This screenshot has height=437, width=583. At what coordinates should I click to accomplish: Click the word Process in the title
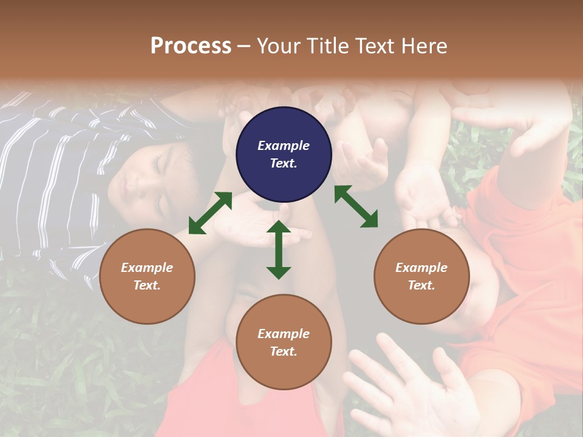click(191, 46)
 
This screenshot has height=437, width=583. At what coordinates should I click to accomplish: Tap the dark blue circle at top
click(284, 154)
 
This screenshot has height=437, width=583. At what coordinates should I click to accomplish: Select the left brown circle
click(147, 276)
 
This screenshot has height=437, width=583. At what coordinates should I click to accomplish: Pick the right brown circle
click(421, 276)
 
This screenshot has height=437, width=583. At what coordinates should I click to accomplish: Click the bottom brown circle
click(284, 342)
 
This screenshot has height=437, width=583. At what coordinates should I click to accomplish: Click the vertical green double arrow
click(279, 249)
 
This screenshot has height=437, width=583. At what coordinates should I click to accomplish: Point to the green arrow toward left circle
click(210, 213)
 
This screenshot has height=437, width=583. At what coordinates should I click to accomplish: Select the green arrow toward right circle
click(356, 206)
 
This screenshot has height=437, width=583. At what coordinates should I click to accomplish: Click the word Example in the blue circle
click(284, 146)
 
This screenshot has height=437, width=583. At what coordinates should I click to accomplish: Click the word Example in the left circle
click(147, 268)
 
